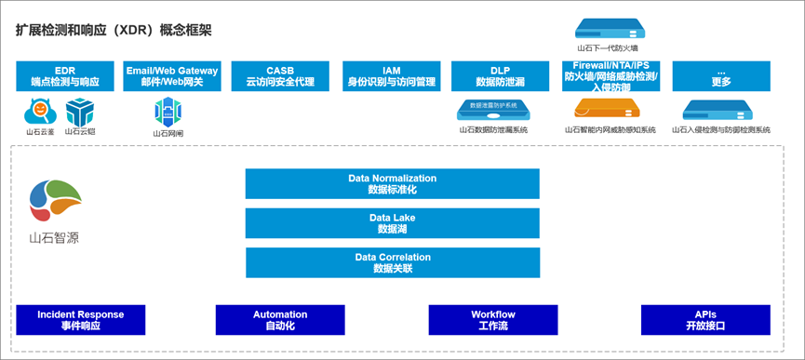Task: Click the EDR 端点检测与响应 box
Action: click(x=65, y=76)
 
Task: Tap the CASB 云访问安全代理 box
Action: click(x=280, y=76)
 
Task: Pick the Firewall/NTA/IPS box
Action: click(x=610, y=76)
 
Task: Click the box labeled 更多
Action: click(x=721, y=76)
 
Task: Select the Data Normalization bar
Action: click(x=392, y=183)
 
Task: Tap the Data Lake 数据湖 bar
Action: click(x=392, y=222)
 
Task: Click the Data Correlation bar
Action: click(x=392, y=262)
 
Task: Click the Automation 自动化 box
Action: click(x=280, y=320)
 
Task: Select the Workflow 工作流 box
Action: click(x=492, y=320)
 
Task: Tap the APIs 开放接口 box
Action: click(x=704, y=320)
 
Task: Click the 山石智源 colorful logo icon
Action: click(x=55, y=201)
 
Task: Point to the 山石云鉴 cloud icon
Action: click(x=40, y=113)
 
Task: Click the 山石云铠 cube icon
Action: click(x=79, y=113)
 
